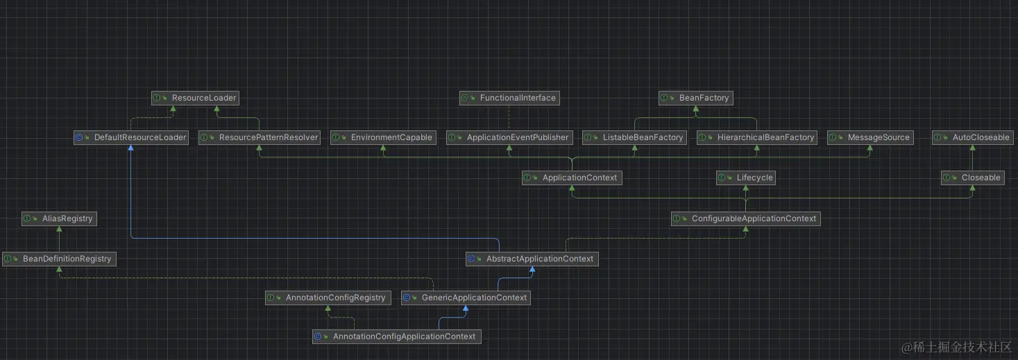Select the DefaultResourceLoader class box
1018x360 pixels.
pos(131,137)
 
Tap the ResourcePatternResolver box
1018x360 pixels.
pos(260,137)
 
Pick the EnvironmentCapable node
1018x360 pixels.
pos(383,137)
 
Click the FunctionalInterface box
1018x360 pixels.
pos(509,98)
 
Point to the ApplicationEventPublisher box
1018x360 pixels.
pos(509,137)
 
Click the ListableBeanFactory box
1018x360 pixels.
pos(634,137)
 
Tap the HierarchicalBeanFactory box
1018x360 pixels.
pos(757,137)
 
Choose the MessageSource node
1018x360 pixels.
pos(869,137)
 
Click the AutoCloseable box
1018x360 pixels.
pos(972,137)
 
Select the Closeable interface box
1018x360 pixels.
pos(972,178)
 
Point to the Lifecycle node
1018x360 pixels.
pos(746,178)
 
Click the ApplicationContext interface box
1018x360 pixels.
pos(572,178)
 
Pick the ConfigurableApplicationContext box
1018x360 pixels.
pos(746,218)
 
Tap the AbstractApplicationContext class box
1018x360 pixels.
pos(532,259)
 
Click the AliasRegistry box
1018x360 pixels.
pos(59,218)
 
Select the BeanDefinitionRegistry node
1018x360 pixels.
pos(59,259)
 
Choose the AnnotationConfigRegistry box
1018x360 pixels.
pos(328,298)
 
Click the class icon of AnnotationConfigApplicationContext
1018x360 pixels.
pos(318,336)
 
